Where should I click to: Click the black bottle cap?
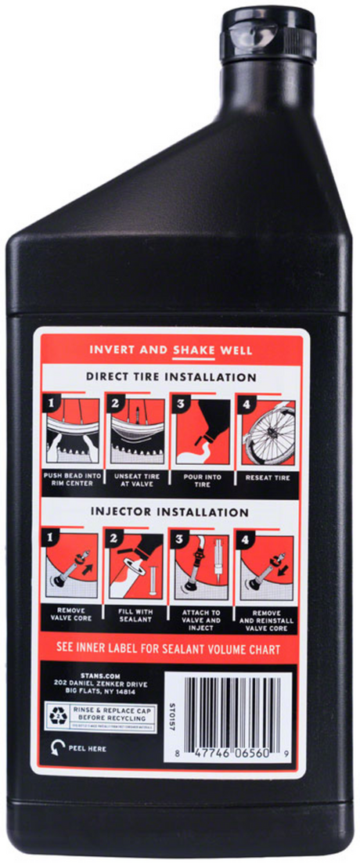tap(268, 35)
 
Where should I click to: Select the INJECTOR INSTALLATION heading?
tap(171, 513)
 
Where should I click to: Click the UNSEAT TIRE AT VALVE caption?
tap(138, 479)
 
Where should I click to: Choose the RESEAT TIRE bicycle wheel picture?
tap(268, 432)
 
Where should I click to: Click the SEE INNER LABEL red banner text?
tap(171, 649)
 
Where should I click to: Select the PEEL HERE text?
tap(86, 747)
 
